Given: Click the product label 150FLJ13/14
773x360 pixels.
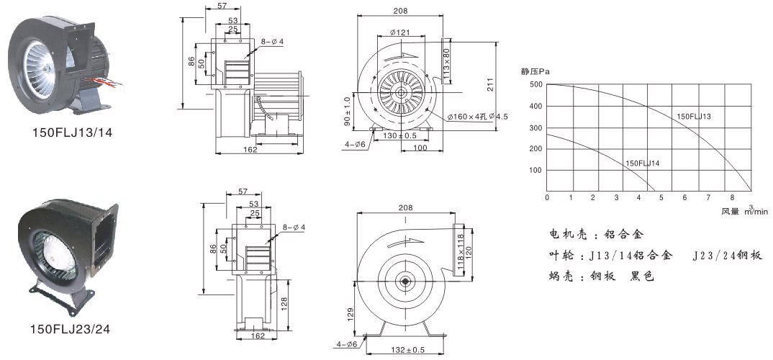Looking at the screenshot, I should pyautogui.click(x=73, y=132).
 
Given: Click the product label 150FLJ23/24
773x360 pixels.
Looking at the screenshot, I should pyautogui.click(x=70, y=329).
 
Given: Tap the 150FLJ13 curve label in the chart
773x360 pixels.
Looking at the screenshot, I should pyautogui.click(x=694, y=116).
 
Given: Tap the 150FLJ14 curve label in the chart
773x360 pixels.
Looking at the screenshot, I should pyautogui.click(x=643, y=163).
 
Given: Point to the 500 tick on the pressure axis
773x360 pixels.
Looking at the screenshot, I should pyautogui.click(x=535, y=85).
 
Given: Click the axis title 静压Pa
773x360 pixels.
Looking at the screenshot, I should pyautogui.click(x=535, y=71).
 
